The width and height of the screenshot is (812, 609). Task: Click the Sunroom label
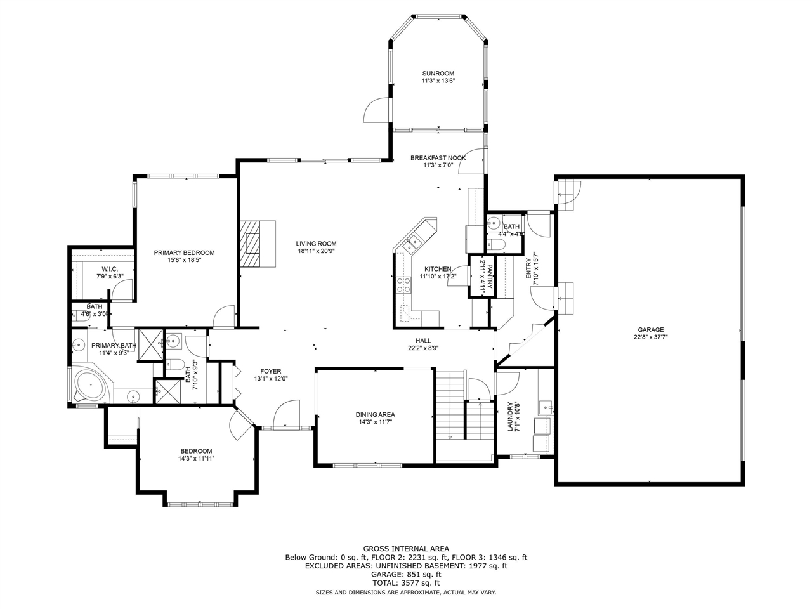[x=438, y=74]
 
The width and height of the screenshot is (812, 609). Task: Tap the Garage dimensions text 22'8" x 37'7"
[x=650, y=337]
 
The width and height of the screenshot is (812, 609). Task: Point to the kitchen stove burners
[x=403, y=285]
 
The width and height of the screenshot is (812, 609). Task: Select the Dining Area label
[x=375, y=414]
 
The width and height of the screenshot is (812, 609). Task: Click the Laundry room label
[x=510, y=416]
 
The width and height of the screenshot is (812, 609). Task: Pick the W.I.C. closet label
[x=110, y=269]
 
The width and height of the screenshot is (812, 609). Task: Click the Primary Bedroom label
[x=184, y=252]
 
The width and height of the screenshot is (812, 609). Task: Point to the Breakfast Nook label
[x=438, y=158]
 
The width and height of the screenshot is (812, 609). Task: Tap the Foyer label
[x=270, y=371]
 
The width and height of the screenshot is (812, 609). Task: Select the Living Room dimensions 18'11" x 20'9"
[x=316, y=251]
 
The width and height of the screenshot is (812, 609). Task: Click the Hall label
[x=423, y=341]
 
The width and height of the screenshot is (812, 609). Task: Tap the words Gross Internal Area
[x=406, y=549]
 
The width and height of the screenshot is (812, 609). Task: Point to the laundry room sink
[x=546, y=407]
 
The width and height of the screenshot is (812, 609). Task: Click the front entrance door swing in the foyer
[x=285, y=413]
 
